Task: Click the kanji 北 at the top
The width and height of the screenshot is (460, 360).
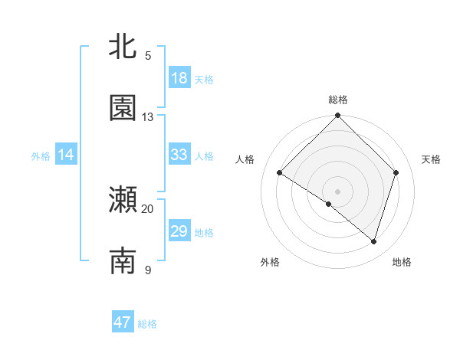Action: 123,47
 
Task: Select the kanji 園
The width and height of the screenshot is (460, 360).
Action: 123,109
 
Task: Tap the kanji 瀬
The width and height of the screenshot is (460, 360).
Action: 123,200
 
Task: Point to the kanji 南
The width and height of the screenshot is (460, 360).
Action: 123,261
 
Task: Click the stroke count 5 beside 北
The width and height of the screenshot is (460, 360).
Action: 148,56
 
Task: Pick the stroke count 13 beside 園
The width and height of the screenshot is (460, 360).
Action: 148,117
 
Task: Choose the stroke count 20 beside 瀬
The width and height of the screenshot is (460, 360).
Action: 148,208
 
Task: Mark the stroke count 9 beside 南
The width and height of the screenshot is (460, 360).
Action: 148,270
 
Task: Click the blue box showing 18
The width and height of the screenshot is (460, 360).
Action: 179,78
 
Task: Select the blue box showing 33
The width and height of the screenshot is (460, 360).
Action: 179,155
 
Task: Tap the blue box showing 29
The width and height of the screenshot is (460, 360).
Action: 179,231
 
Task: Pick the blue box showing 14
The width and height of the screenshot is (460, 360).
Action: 66,155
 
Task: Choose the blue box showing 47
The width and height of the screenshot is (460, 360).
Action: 123,322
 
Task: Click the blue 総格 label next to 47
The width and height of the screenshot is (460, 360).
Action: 147,324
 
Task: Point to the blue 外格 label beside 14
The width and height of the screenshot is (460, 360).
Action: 41,155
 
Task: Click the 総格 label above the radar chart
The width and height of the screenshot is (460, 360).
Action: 338,100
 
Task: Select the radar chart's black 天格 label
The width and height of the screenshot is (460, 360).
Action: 431,159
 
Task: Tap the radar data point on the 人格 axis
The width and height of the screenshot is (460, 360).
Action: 280,173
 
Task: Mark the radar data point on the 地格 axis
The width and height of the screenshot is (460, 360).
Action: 373,241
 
